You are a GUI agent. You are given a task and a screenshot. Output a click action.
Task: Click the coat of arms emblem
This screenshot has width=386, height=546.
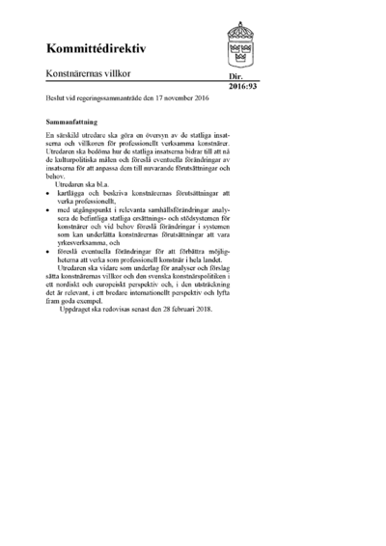coord(239,43)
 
